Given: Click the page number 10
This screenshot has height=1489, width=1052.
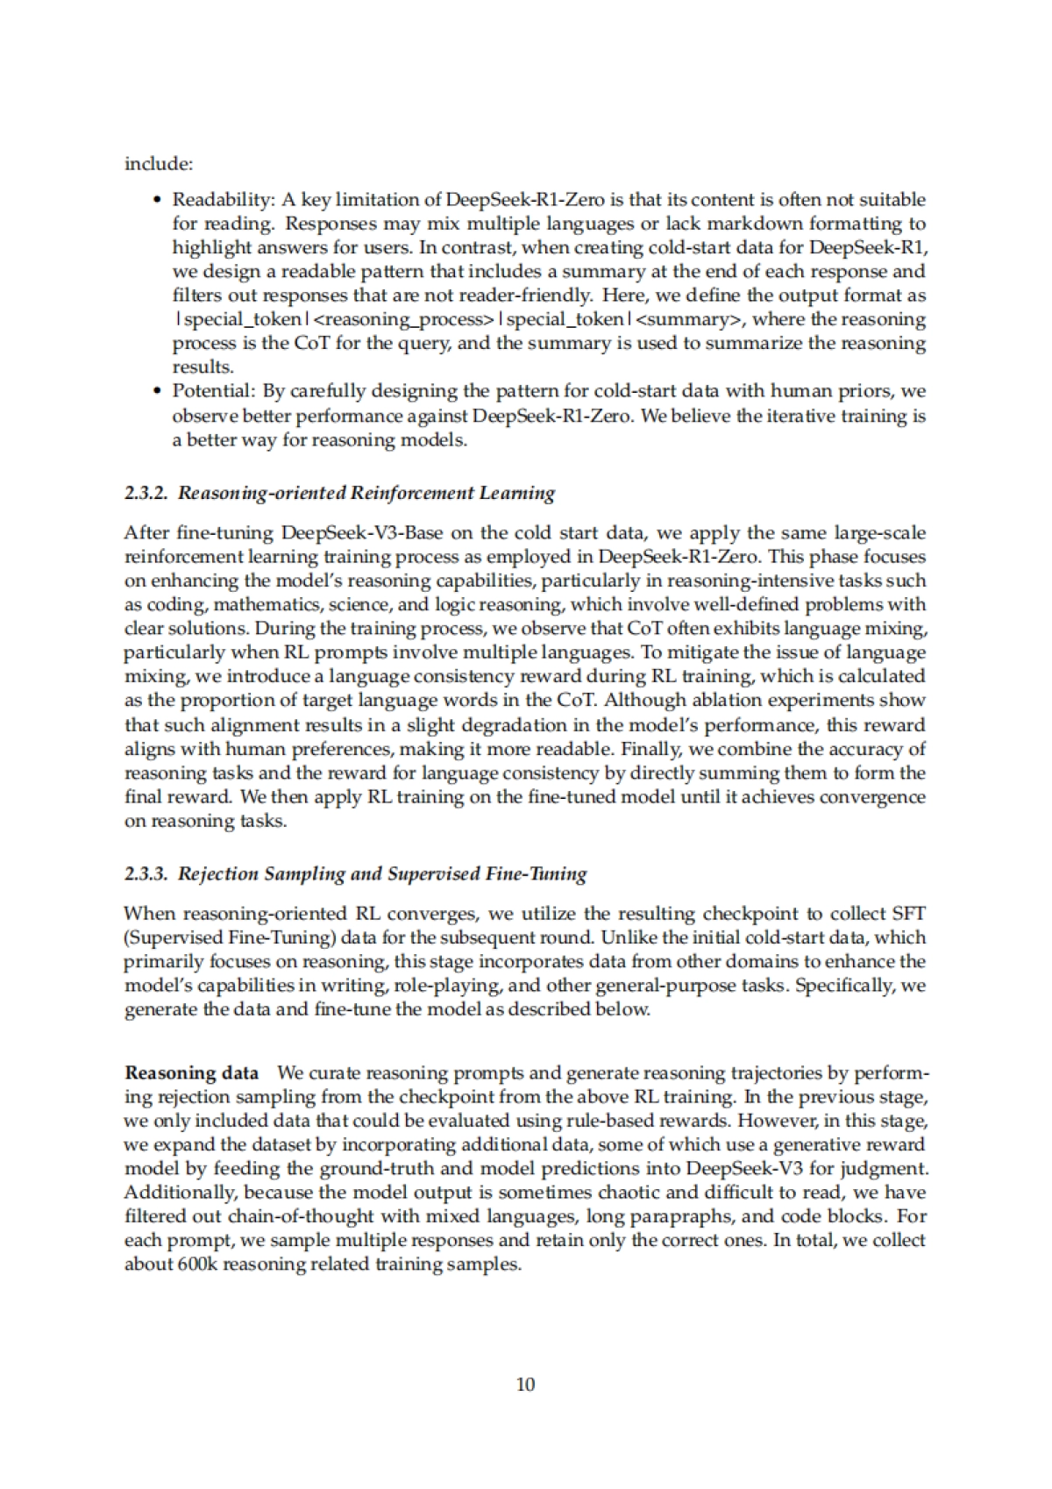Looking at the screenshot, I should click(526, 1385).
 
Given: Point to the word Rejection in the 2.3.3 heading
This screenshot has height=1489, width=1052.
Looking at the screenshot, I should click(216, 873).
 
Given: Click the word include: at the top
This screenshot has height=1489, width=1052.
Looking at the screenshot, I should click(159, 164).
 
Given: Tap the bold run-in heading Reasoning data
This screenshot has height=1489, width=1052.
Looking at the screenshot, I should click(192, 1073).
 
